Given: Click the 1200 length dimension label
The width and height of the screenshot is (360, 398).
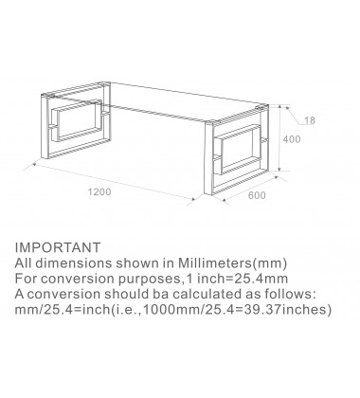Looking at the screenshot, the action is point(99,191).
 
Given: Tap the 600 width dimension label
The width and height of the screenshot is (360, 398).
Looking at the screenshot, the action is point(257,195).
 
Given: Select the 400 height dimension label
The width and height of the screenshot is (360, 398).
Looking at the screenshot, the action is point(292,139).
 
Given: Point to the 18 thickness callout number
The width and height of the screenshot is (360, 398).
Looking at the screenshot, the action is point(310,120).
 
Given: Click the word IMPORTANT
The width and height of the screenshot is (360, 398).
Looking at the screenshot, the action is point(58,247).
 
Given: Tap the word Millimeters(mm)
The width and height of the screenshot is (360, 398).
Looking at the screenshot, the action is point(233,263).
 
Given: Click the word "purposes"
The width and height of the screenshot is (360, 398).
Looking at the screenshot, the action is point(149,280).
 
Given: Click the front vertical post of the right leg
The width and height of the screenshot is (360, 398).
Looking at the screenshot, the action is point(208,158).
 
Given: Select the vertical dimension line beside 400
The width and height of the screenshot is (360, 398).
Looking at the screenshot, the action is point(279,138).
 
